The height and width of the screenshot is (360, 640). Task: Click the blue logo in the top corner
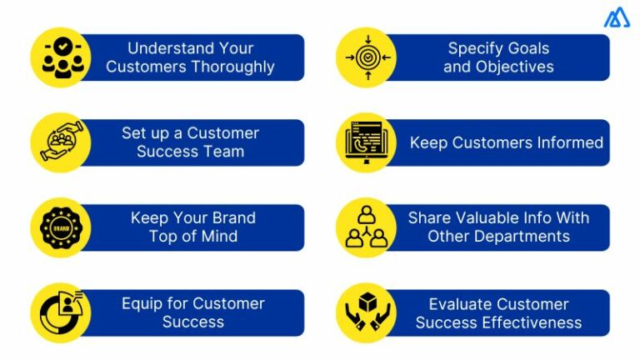coord(617,19)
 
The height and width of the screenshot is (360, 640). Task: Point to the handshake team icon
coord(60,142)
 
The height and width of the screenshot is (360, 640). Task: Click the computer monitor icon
coord(365,142)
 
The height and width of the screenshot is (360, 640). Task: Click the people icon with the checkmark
coord(60,57)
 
